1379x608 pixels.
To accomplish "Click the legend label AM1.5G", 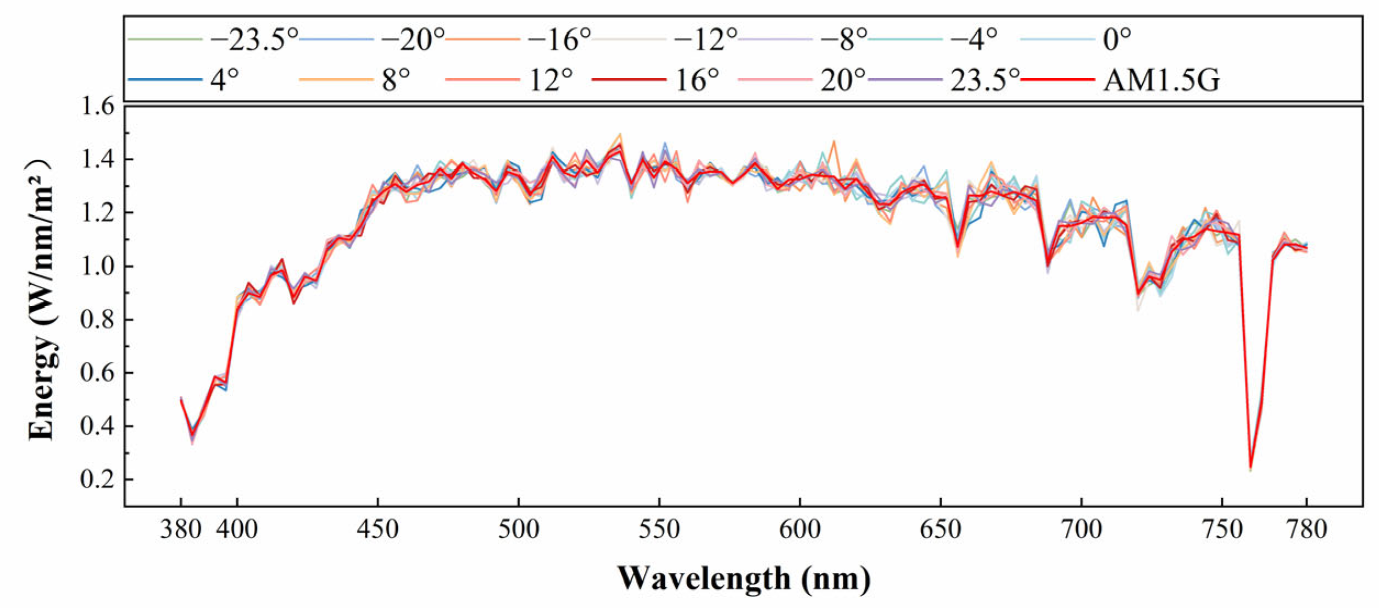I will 1161,80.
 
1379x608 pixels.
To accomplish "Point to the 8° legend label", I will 396,80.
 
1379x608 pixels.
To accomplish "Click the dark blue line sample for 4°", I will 165,80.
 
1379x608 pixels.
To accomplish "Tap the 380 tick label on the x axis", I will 181,530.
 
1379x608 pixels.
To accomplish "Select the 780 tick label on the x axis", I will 1306,530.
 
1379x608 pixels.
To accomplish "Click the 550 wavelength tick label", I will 659,530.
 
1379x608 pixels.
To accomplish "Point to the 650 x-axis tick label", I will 940,530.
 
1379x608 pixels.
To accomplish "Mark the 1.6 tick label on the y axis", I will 98,106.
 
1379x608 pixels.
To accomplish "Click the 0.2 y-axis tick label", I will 98,479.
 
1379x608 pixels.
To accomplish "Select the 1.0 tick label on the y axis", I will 98,267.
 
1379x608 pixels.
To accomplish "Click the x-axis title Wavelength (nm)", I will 744,578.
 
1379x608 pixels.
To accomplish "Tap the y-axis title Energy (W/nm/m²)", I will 41,300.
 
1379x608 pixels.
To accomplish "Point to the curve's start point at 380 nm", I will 181,399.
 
